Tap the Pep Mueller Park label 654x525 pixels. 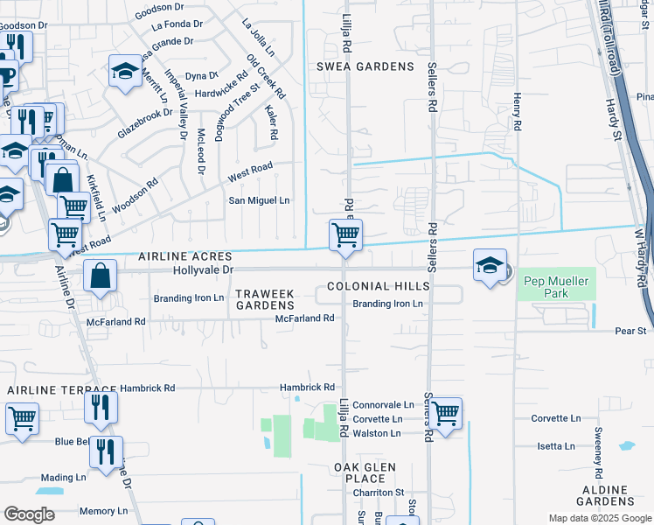(x=559, y=287)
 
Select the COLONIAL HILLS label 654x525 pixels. (x=379, y=286)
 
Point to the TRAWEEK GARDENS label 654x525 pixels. (x=266, y=298)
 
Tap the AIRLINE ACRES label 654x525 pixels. (x=184, y=256)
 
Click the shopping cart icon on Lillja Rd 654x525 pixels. (x=345, y=235)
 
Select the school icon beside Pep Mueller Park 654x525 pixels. (x=490, y=264)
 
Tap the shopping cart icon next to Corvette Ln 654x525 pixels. (x=445, y=412)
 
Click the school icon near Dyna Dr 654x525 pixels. (x=125, y=71)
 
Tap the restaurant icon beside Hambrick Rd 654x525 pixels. (x=101, y=407)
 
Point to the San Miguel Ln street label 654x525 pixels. (x=259, y=200)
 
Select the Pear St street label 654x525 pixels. (x=630, y=331)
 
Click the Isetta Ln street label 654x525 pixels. (x=556, y=446)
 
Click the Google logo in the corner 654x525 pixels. (x=29, y=514)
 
